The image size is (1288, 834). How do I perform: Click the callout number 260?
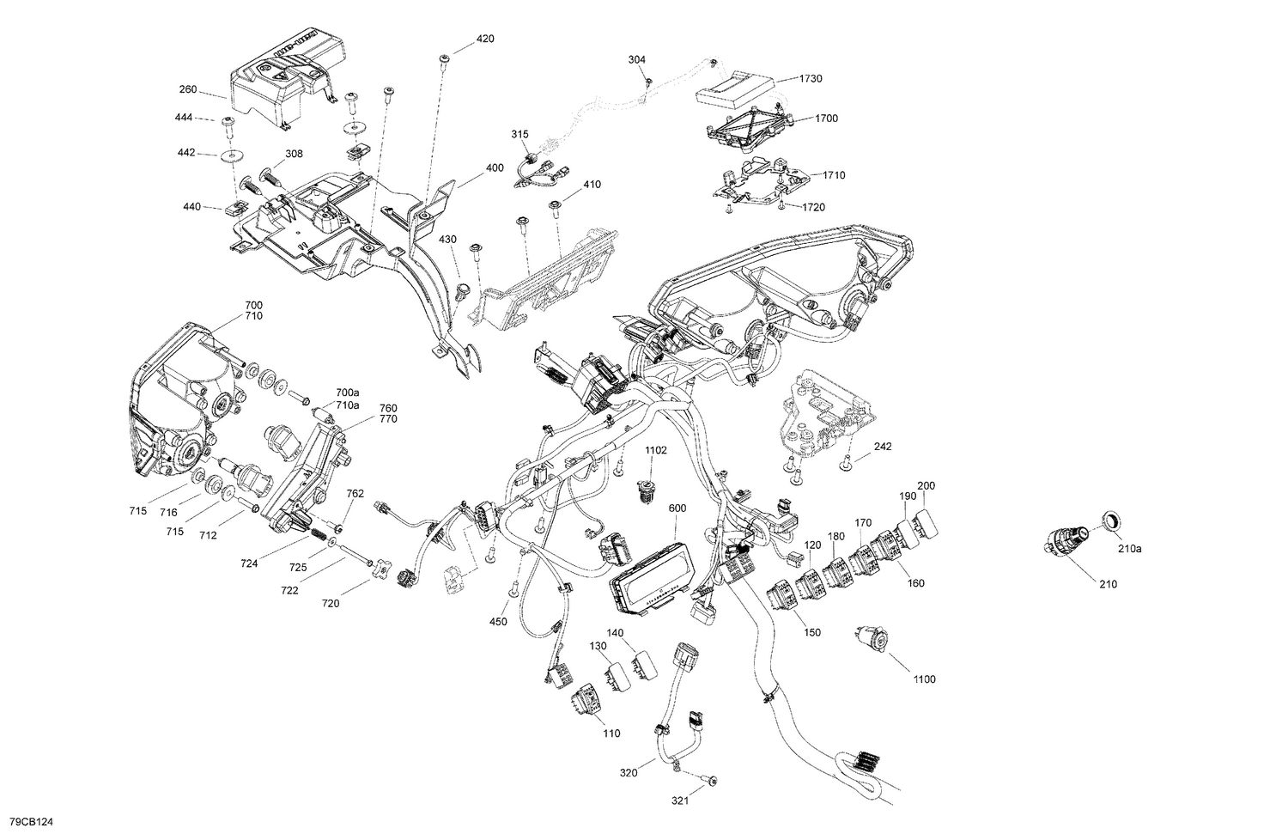tap(188, 89)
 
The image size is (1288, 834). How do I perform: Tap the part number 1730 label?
tap(811, 79)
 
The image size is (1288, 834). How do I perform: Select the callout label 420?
tap(485, 40)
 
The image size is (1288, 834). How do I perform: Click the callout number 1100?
tap(925, 679)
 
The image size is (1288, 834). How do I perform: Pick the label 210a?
tap(1129, 548)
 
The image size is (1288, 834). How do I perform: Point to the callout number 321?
tap(680, 802)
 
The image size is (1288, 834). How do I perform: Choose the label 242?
tap(883, 447)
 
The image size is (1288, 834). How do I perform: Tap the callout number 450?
tap(499, 621)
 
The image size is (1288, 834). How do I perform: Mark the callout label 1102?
tap(656, 450)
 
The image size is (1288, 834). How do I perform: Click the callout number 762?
tap(355, 494)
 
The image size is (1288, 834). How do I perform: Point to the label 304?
tap(636, 60)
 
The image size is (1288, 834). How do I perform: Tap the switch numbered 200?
tap(928, 521)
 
